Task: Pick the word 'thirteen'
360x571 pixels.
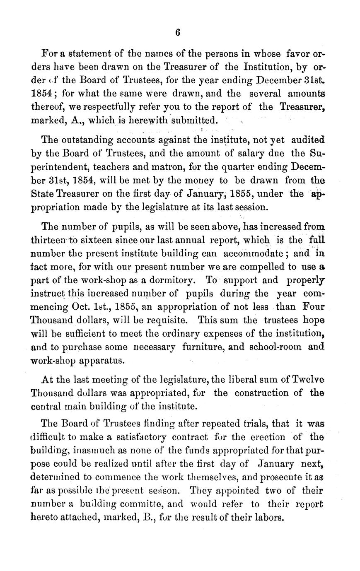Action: point(48,240)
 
